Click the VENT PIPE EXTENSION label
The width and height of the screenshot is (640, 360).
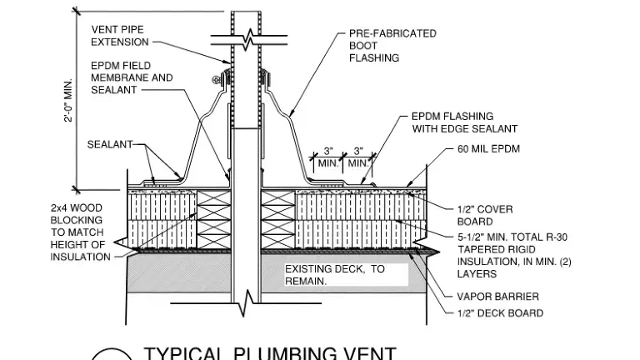tap(117, 36)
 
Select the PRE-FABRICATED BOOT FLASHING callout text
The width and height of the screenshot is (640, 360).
tap(392, 46)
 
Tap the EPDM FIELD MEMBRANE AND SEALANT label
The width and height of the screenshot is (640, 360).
tap(132, 77)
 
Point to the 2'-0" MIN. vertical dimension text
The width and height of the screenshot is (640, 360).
tap(69, 100)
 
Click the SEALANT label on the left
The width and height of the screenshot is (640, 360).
tap(109, 145)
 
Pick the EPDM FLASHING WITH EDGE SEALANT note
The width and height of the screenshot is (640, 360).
tap(464, 122)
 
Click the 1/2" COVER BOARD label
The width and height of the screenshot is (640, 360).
tap(484, 215)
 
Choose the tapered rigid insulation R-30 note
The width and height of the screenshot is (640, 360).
tap(512, 255)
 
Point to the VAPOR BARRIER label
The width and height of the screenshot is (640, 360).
tap(497, 297)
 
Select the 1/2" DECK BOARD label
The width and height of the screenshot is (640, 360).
tap(500, 313)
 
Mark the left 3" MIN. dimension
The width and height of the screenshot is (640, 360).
tap(327, 157)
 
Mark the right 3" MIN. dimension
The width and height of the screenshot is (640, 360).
tap(357, 157)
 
